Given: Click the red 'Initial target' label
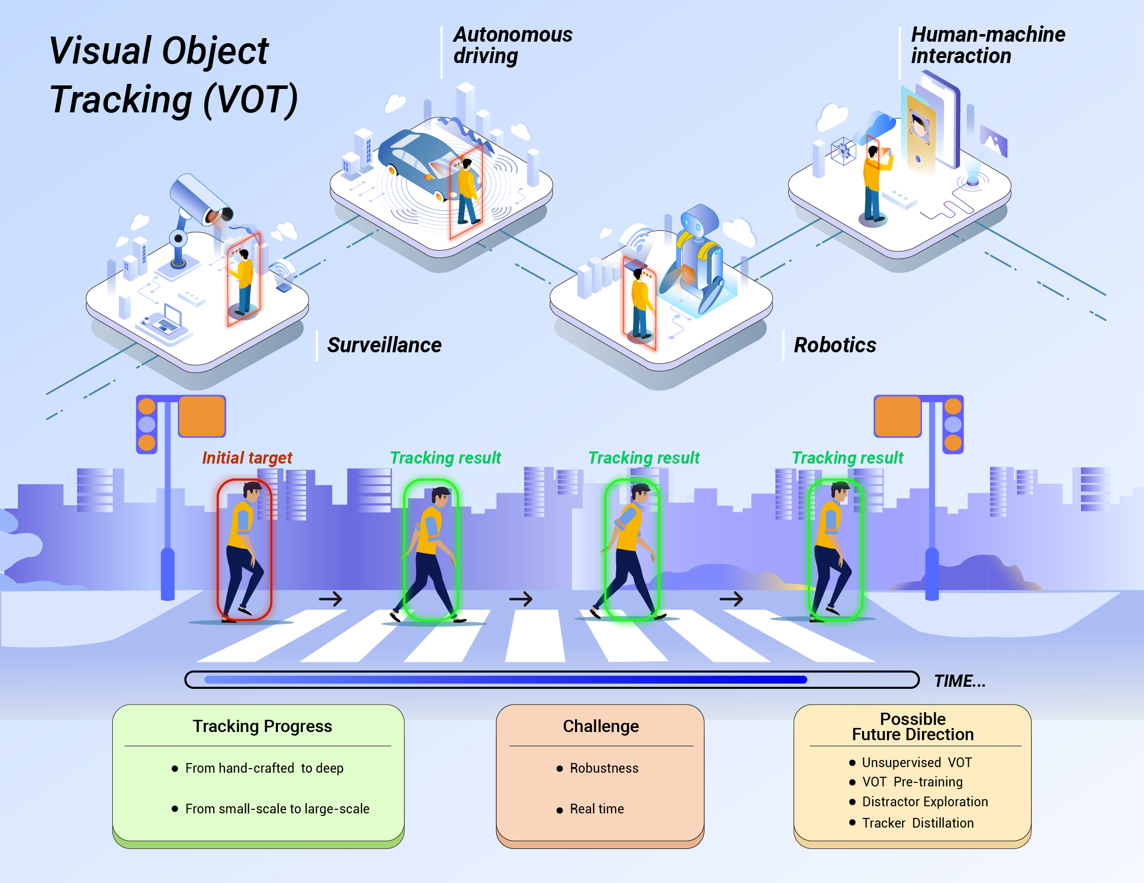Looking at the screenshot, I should (247, 458).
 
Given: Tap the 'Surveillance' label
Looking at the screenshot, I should (384, 345).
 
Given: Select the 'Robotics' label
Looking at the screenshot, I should (835, 345).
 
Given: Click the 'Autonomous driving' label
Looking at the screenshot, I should (512, 45).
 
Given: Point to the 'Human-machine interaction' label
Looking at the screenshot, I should (988, 45).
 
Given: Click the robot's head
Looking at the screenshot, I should (700, 220).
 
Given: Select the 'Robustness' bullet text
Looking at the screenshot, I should (604, 768).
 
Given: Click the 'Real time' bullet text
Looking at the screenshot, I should (596, 809).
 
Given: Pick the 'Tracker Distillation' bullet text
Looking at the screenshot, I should (918, 823).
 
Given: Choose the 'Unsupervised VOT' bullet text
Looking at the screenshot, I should (916, 763).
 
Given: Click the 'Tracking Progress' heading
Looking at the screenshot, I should (262, 726).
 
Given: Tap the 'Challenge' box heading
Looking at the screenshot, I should (600, 726).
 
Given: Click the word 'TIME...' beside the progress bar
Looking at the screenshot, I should (960, 681).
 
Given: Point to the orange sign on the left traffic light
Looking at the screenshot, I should (202, 416).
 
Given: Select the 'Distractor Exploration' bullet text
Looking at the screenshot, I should (925, 802).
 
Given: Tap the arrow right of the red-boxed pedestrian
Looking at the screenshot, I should (331, 598).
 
